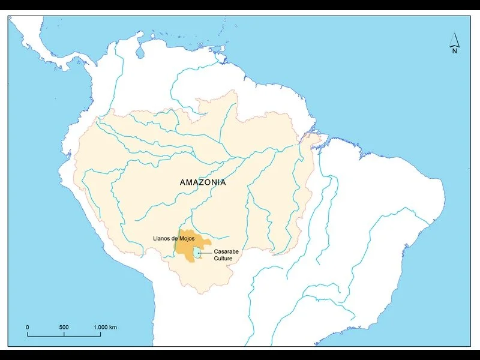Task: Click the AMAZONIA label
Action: click(x=203, y=182)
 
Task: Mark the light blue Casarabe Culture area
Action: click(x=196, y=254)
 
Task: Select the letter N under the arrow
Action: click(x=455, y=51)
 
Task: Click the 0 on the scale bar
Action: click(x=28, y=327)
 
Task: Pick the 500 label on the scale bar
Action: click(x=64, y=327)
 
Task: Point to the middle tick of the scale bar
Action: click(x=64, y=334)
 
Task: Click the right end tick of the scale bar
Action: click(x=101, y=334)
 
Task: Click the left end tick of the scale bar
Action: click(x=28, y=334)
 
